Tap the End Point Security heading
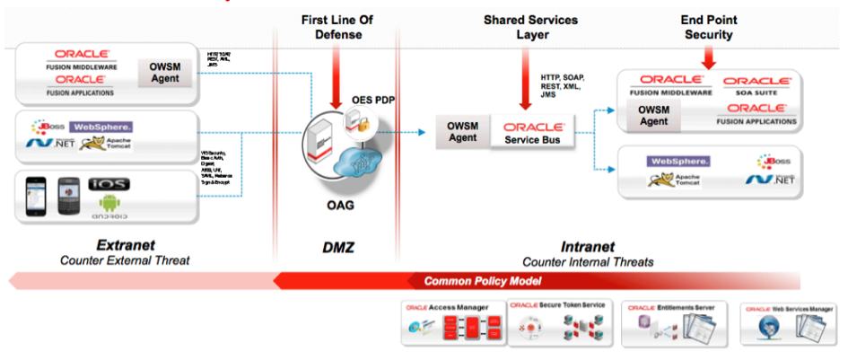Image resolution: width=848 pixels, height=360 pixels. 708,27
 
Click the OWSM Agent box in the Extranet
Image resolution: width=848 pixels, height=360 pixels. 163,72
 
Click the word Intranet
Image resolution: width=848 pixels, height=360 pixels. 588,244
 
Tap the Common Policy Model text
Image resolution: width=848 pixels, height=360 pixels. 483,281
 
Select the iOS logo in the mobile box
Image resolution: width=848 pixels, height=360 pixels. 109,184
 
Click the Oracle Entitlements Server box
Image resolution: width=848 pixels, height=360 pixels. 674,324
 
